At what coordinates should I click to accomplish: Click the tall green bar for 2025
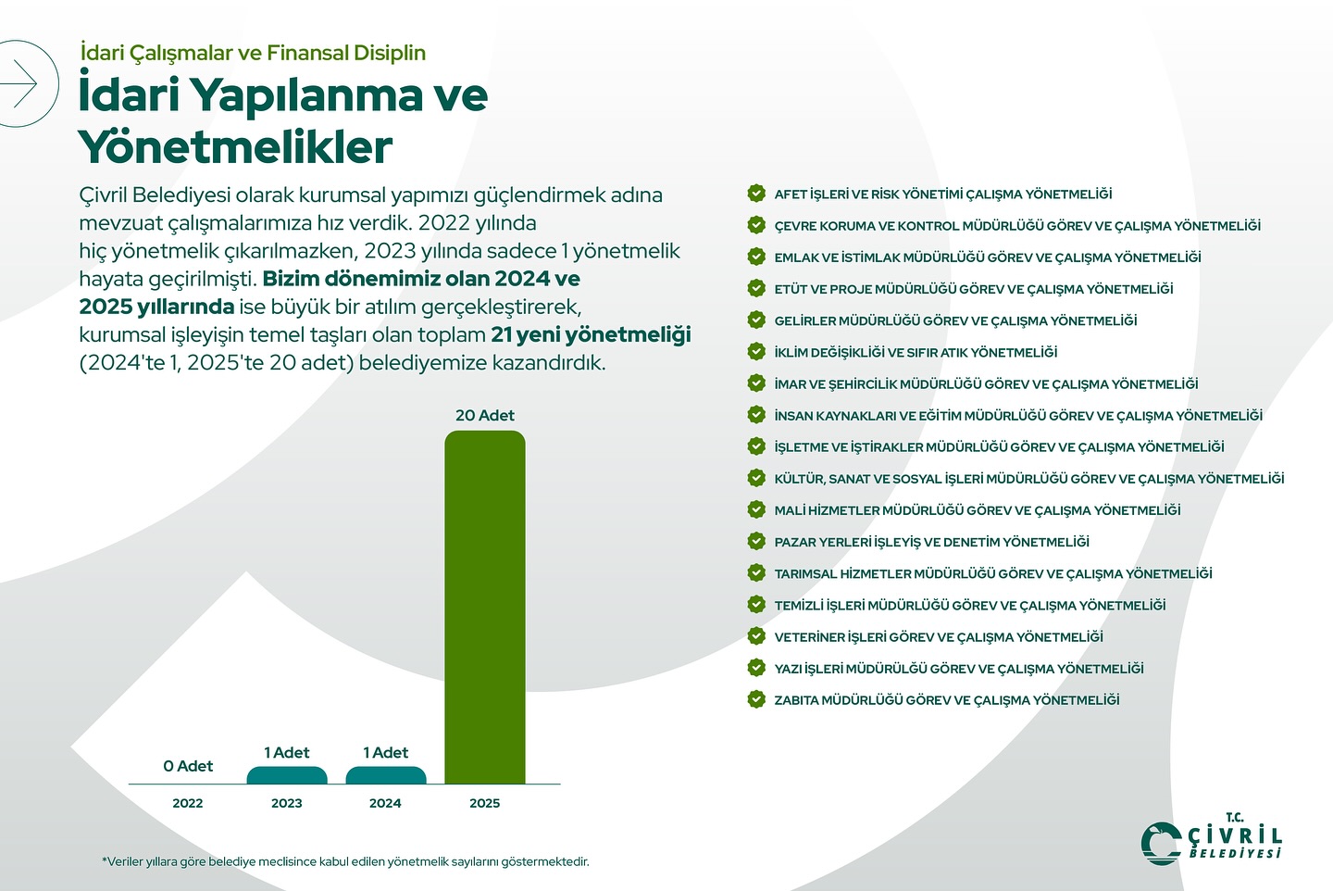pos(484,607)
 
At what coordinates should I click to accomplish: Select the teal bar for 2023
pos(287,776)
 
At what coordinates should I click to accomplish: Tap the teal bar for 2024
pos(386,776)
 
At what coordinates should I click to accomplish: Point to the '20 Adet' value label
pos(484,416)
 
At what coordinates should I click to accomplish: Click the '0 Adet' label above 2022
pos(188,766)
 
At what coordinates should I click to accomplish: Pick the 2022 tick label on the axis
pos(188,803)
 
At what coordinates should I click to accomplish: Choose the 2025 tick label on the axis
pos(484,803)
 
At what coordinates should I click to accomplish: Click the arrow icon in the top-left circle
pos(19,84)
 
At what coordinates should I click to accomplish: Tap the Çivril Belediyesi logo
pos(1211,840)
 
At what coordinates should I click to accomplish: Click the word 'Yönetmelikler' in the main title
pos(235,147)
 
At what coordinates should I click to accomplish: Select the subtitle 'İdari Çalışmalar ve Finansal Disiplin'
pos(253,53)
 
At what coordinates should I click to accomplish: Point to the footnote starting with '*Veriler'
pos(345,861)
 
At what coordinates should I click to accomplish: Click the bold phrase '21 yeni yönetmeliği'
pos(591,334)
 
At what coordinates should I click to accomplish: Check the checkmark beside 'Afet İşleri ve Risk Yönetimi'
pos(756,194)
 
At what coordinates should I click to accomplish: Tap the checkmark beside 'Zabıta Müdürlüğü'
pos(756,699)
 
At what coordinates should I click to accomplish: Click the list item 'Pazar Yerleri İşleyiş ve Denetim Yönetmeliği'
pos(931,542)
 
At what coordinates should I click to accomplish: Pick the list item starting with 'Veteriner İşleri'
pos(938,637)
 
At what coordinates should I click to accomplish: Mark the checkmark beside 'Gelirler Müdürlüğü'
pos(756,320)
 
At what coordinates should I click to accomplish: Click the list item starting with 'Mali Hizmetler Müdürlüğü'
pos(977,510)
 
